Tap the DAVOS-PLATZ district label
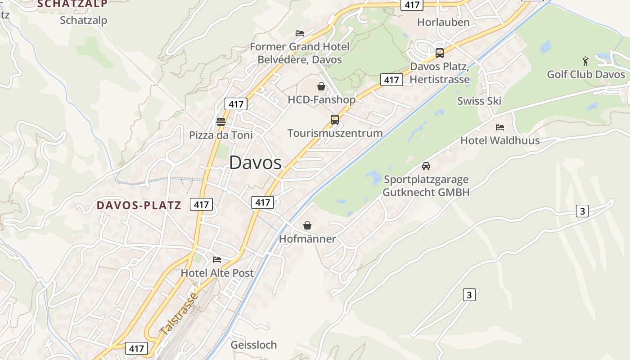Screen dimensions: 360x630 [x=139, y=206]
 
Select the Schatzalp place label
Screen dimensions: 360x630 [x=83, y=20]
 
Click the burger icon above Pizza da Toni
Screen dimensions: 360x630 [x=220, y=121]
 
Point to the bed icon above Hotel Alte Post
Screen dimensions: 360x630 [x=217, y=259]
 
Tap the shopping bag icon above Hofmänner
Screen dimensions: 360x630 [x=307, y=225]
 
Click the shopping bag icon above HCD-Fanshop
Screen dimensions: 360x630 [x=321, y=86]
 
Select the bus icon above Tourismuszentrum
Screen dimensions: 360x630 [x=335, y=119]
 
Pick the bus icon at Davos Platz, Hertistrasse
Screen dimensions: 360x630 [x=440, y=53]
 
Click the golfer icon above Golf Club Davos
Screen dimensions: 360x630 [x=585, y=61]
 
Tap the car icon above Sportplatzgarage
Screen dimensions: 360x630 [x=426, y=166]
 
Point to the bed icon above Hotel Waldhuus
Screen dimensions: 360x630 [x=499, y=127]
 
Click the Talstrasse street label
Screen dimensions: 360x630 [x=179, y=314]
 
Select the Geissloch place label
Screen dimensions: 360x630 [x=253, y=345]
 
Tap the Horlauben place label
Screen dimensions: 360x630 [x=443, y=22]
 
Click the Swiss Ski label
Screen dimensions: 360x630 [x=479, y=101]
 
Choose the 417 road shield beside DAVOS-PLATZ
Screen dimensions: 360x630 [x=201, y=204]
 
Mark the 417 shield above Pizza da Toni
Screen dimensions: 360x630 [x=236, y=104]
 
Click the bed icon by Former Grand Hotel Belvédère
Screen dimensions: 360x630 [x=300, y=33]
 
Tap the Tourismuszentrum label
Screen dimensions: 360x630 [x=335, y=133]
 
